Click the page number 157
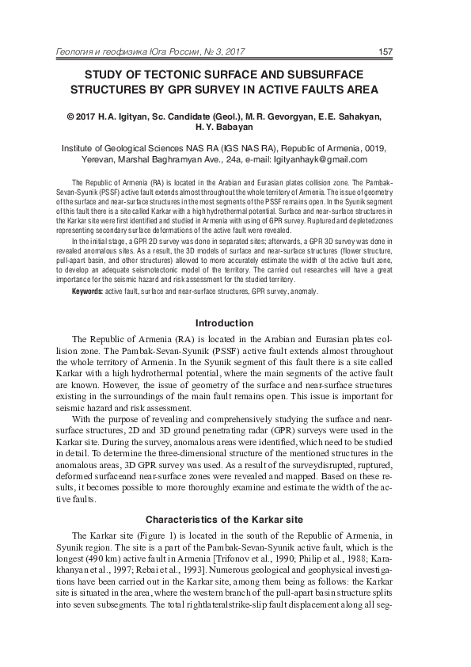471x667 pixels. coord(386,52)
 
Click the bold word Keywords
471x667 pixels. coord(86,292)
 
